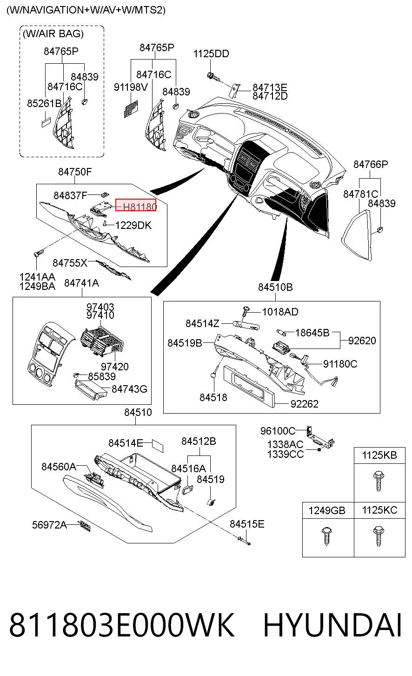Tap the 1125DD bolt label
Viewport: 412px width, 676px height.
(211, 54)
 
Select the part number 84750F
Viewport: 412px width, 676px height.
(75, 172)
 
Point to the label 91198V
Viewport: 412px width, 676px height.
(131, 87)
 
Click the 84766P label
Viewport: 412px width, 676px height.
(371, 164)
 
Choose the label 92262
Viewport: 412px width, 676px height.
(304, 404)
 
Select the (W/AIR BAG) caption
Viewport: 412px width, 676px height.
(53, 33)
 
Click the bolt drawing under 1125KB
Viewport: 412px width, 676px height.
(379, 481)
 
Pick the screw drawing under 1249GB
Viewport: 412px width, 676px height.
(327, 536)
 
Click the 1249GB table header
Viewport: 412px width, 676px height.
(326, 510)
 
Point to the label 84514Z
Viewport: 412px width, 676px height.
(202, 323)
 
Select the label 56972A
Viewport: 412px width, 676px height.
(49, 525)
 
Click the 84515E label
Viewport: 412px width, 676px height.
(247, 524)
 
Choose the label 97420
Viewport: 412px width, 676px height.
(114, 367)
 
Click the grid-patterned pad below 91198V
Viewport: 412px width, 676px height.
(131, 109)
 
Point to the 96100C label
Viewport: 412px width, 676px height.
(278, 431)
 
